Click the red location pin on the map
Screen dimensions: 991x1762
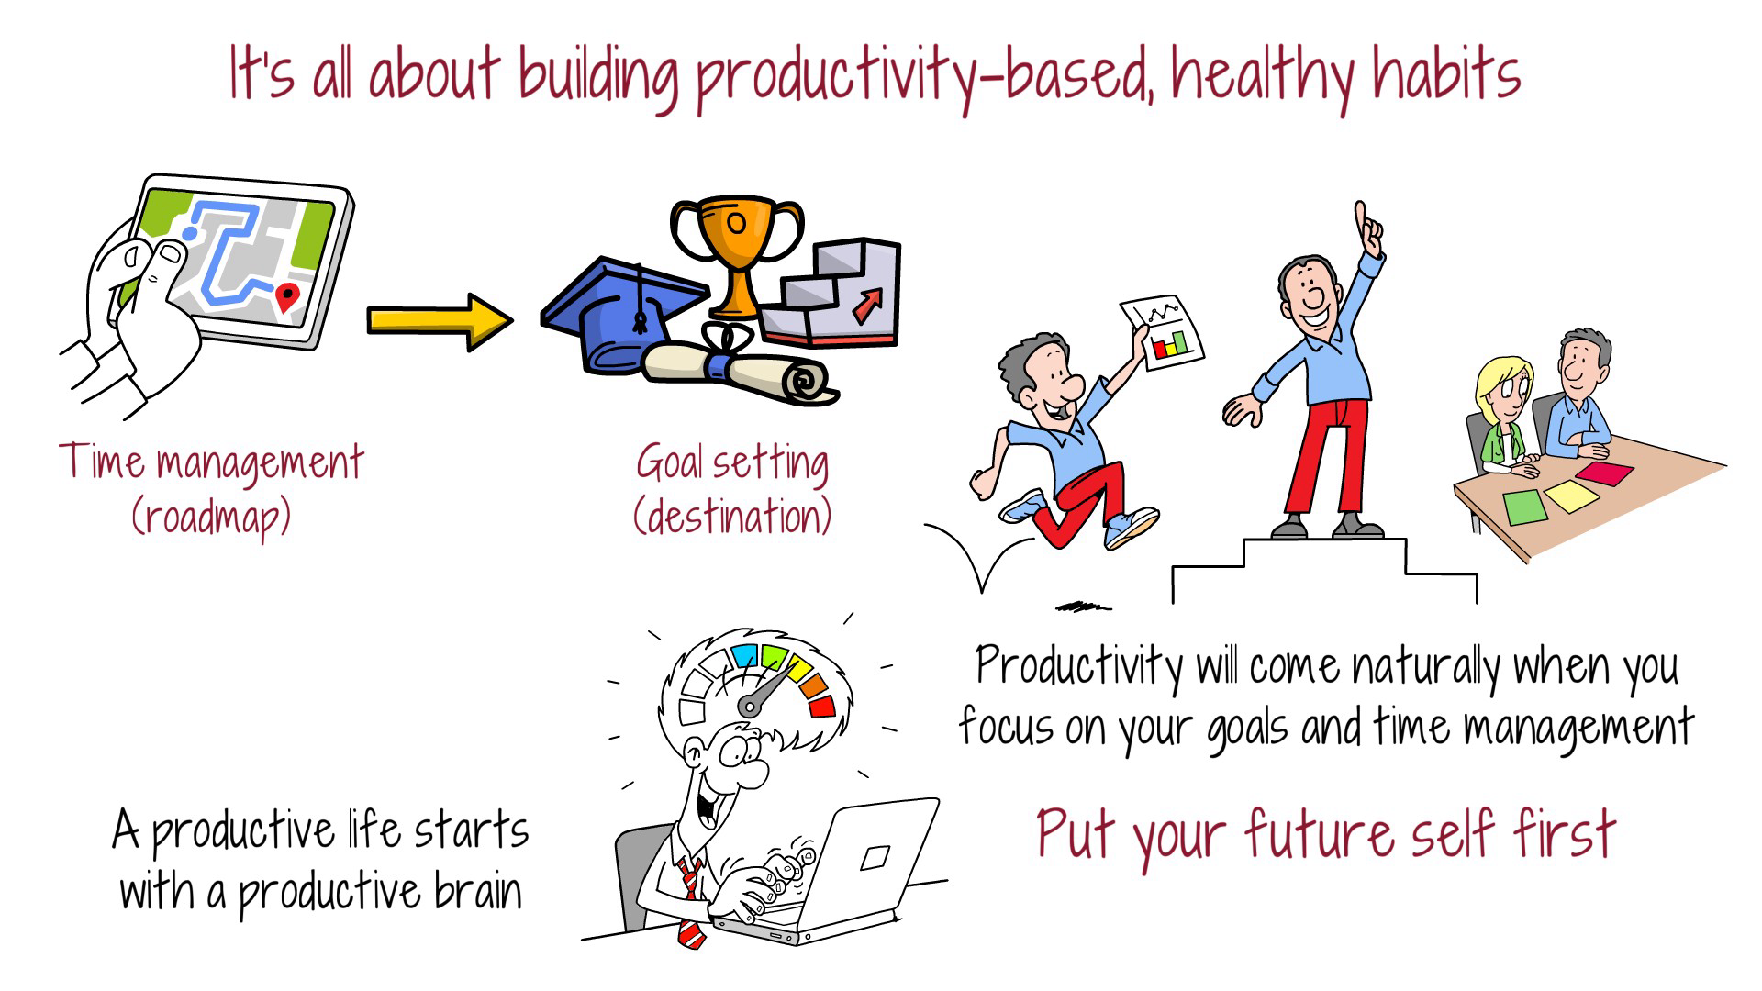288,296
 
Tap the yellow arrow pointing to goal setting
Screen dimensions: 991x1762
439,320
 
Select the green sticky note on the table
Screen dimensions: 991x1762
1525,506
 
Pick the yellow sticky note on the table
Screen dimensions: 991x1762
1571,495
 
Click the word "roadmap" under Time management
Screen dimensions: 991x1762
211,518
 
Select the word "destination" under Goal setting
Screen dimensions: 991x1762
732,516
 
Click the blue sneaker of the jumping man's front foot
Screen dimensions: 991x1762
1131,529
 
